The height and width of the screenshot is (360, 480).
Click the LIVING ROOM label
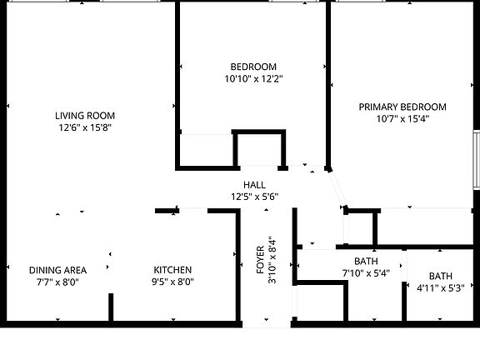[x=85, y=116]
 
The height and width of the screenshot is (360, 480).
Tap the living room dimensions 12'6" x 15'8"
[x=85, y=128]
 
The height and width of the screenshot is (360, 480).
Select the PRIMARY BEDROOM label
[x=402, y=107]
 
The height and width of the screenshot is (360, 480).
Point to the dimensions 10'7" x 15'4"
[x=402, y=119]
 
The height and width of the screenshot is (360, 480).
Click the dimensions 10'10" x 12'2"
[x=253, y=79]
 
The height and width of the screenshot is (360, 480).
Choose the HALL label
[x=254, y=185]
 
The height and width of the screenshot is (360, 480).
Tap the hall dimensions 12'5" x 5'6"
[x=254, y=197]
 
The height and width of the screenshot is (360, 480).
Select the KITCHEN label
[x=172, y=270]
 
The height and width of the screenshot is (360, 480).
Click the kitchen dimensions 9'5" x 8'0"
[x=172, y=282]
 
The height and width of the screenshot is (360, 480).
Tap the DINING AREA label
[x=57, y=270]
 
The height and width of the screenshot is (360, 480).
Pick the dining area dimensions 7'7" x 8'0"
[x=57, y=282]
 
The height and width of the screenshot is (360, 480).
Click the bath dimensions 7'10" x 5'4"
[x=366, y=273]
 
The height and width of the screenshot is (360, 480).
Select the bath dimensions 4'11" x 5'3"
[x=440, y=289]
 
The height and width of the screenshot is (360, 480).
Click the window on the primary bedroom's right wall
[x=476, y=158]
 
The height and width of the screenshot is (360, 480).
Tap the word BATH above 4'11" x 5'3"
[x=440, y=277]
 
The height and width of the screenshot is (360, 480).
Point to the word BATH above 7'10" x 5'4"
[x=366, y=261]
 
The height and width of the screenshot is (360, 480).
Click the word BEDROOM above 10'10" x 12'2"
[x=253, y=67]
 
